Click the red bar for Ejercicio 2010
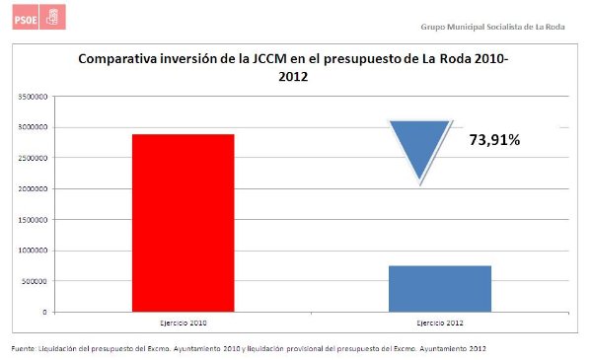tap(183, 222)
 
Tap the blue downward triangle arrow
tap(419, 148)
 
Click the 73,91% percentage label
tap(493, 140)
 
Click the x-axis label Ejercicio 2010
tap(183, 323)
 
